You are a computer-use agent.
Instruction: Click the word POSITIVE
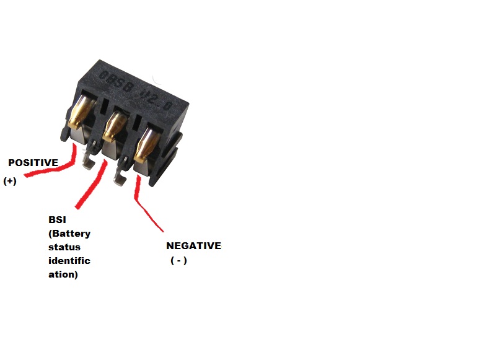pyautogui.click(x=33, y=163)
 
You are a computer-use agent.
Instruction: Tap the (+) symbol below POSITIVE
pyautogui.click(x=10, y=182)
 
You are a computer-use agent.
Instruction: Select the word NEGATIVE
pyautogui.click(x=193, y=246)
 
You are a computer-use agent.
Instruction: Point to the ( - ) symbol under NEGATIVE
pyautogui.click(x=178, y=261)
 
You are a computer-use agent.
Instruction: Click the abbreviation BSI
pyautogui.click(x=57, y=220)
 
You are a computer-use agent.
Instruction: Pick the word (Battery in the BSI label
pyautogui.click(x=69, y=234)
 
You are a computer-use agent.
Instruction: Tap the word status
pyautogui.click(x=64, y=247)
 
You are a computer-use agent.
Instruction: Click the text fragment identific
pyautogui.click(x=69, y=261)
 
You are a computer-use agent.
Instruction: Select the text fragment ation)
pyautogui.click(x=63, y=274)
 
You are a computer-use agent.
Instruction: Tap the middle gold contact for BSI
pyautogui.click(x=113, y=124)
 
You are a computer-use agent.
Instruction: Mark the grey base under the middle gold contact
pyautogui.click(x=110, y=149)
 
